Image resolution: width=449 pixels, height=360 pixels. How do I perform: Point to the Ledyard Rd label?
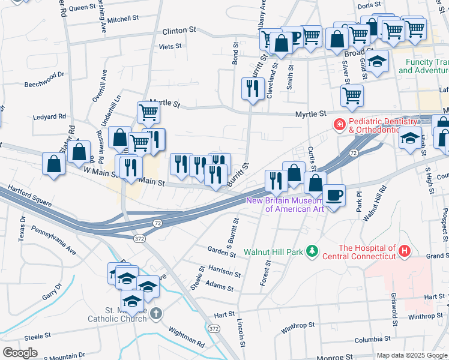click(49, 117)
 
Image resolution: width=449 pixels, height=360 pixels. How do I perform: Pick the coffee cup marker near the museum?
click(334, 194)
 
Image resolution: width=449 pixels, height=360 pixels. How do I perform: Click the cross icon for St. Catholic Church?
click(156, 313)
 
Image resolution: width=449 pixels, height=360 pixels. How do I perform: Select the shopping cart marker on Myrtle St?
click(352, 94)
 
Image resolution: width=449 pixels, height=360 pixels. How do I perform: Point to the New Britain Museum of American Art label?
click(285, 205)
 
